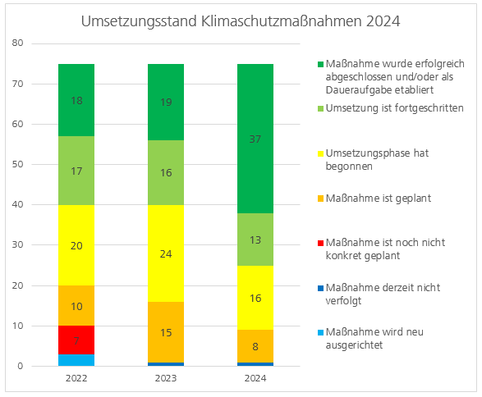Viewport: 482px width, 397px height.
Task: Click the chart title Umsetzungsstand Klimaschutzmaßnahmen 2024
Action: [x=241, y=21]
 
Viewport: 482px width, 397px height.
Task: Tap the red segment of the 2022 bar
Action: [x=76, y=340]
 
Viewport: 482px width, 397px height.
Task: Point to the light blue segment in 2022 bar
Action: [x=76, y=360]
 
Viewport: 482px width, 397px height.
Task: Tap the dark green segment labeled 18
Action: [x=76, y=100]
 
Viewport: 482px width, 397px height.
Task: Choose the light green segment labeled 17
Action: [x=76, y=171]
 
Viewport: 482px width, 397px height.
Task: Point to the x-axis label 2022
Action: [x=76, y=379]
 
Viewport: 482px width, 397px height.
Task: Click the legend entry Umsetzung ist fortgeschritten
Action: [x=394, y=108]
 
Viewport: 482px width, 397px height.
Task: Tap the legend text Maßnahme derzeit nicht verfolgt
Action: [x=383, y=293]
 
